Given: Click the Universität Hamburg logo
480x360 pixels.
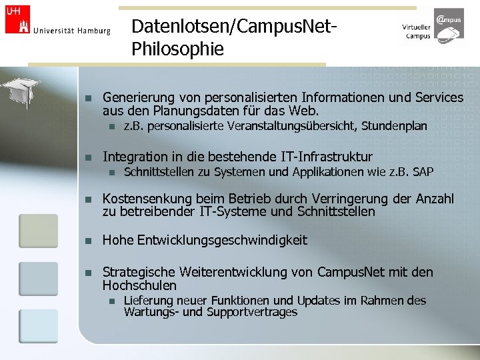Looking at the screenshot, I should click(x=57, y=21).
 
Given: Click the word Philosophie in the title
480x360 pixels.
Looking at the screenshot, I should click(x=178, y=49).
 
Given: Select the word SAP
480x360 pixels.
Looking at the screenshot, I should click(x=423, y=173).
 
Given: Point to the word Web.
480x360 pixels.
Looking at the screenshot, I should click(x=306, y=111).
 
